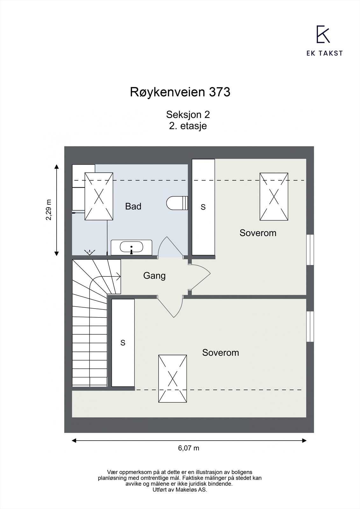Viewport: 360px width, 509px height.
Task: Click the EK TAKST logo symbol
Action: pos(323,34)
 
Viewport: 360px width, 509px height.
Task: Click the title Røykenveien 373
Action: pos(180,92)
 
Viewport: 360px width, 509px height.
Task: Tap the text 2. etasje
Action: pos(188,126)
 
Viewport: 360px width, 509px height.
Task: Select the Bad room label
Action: pos(133,206)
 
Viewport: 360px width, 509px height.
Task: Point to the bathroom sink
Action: pos(131,247)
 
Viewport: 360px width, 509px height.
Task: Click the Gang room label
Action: pos(154,275)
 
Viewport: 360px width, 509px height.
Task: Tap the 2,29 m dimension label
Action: pos(48,210)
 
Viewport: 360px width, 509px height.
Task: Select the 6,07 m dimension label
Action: pos(188,448)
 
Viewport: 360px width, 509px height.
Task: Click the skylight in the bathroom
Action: pos(99,196)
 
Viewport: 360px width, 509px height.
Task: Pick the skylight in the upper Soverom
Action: pos(274,197)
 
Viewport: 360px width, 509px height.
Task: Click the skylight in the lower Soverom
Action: pos(173,379)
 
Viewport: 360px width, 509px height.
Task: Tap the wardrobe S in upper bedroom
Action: pos(203,207)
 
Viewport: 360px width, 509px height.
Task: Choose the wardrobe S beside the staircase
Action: pos(123,343)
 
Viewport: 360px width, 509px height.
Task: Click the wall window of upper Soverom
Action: pos(310,250)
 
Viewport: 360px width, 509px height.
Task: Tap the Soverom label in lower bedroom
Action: pos(220,353)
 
